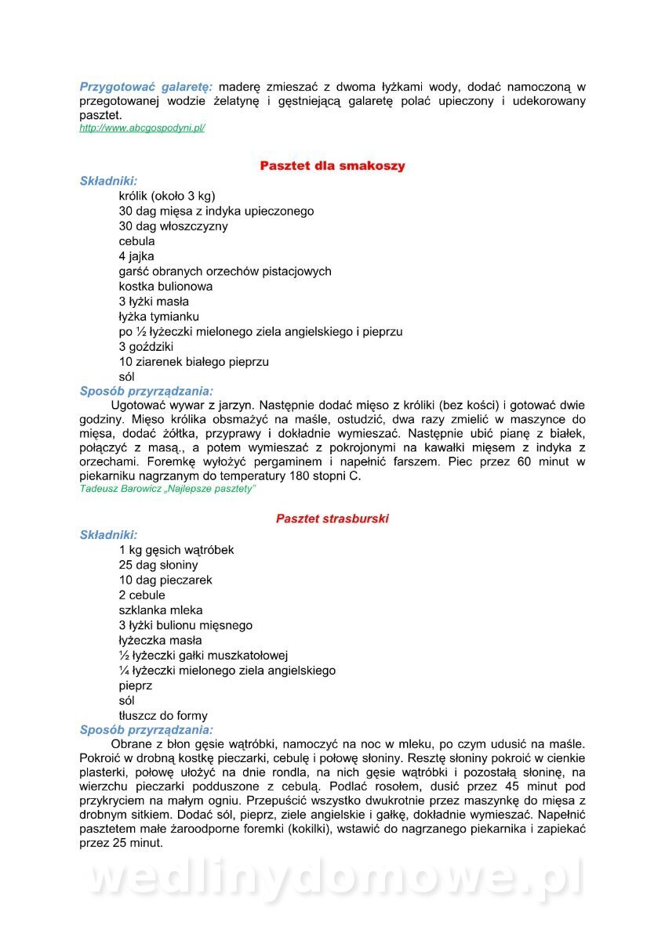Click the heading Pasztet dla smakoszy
tap(332, 166)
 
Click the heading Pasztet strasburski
tap(332, 519)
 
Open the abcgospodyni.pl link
tap(142, 128)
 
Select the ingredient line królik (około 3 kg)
tap(167, 196)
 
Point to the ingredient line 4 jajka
tap(136, 256)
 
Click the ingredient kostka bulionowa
tap(165, 286)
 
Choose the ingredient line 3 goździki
tap(146, 346)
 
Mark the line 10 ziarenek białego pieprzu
tap(194, 361)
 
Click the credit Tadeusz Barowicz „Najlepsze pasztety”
tap(168, 489)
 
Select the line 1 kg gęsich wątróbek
tap(176, 550)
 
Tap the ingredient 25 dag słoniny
tap(158, 565)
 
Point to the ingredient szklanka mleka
tap(161, 609)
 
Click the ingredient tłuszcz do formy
tap(163, 715)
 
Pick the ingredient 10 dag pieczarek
tap(165, 580)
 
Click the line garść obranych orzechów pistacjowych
tap(225, 271)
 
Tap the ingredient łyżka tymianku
tap(159, 316)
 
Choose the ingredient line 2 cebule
tap(142, 595)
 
